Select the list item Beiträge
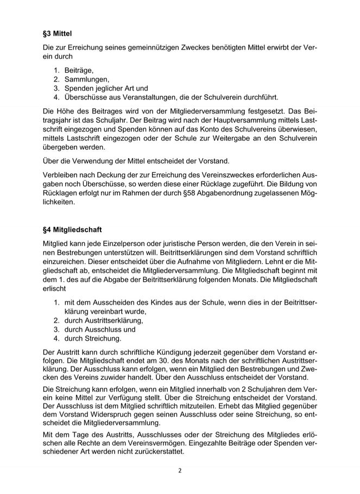pyautogui.click(x=79, y=70)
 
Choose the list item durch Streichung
pyautogui.click(x=89, y=339)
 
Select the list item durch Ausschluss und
pyautogui.click(x=92, y=329)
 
